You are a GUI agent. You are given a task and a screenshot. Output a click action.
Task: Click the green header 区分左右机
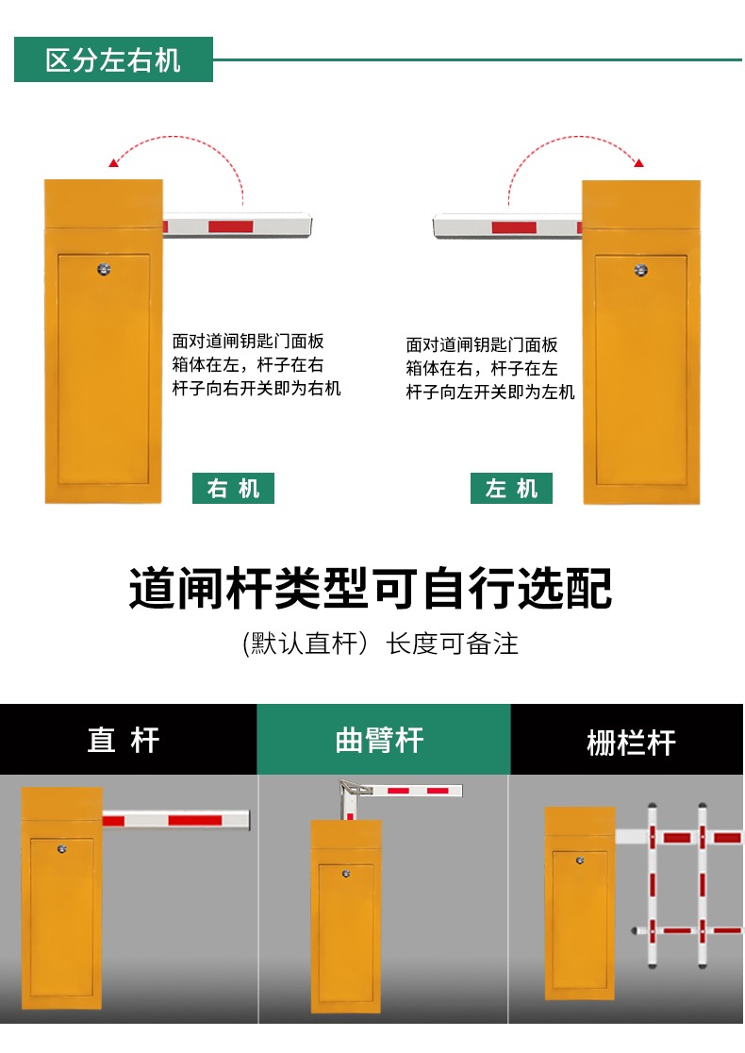113,59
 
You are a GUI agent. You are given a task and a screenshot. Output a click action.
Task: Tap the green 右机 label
233,488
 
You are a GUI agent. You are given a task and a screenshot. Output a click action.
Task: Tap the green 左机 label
511,488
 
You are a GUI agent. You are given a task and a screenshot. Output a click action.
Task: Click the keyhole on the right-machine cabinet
104,269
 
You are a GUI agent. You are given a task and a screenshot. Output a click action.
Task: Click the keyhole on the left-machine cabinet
641,271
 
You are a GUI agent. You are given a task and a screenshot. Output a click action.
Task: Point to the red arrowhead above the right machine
114,162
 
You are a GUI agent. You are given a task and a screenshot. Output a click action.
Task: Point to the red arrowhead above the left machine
638,162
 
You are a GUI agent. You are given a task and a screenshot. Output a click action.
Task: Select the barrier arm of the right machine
238,226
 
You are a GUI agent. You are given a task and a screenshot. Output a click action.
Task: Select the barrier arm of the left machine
507,226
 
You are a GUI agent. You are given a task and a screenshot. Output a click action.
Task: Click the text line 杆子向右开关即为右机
257,388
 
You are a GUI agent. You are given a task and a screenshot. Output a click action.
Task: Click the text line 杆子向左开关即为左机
490,392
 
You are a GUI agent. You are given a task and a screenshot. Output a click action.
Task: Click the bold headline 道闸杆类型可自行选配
371,588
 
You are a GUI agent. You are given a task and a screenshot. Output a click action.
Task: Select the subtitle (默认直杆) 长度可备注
380,643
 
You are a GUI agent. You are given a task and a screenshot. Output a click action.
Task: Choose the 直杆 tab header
124,740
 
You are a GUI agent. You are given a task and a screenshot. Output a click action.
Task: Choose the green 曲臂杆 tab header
380,740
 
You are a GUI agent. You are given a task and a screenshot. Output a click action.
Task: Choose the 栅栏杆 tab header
631,742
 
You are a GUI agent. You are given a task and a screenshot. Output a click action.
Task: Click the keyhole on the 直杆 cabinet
61,849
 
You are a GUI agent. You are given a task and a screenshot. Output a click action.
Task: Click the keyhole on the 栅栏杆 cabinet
580,861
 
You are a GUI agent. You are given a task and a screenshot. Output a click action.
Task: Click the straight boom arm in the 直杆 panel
175,819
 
